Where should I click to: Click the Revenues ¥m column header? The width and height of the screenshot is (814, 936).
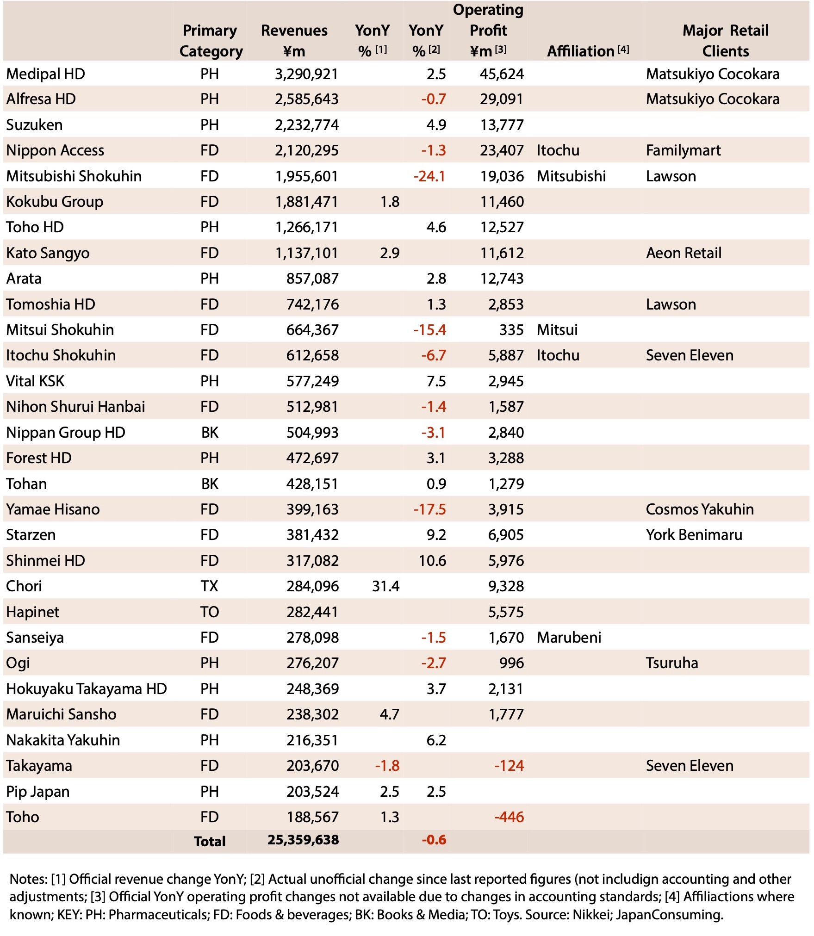pos(294,41)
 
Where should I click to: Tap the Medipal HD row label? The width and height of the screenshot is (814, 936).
pos(45,74)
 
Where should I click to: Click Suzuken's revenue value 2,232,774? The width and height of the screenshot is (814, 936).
pos(306,125)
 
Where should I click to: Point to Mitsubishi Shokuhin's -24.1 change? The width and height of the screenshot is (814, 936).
pos(429,176)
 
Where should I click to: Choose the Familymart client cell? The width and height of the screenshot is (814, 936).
pos(683,150)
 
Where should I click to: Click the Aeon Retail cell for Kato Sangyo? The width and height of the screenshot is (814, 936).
pos(684,253)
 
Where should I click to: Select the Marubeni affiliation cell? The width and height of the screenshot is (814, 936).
pos(569,638)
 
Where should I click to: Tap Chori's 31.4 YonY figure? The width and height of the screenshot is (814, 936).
pos(385,586)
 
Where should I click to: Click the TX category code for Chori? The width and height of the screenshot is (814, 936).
pos(209,586)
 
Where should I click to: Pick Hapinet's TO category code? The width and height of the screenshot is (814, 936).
pos(209,612)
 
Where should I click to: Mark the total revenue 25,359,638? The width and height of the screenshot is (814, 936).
pos(303,840)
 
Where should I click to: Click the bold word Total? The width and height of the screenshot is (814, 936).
pos(210,841)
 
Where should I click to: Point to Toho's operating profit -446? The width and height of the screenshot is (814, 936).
pos(509,817)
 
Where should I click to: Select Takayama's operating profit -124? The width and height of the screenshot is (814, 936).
pos(509,766)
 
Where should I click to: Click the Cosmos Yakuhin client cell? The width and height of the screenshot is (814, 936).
pos(699,509)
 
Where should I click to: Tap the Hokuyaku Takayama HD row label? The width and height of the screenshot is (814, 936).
pos(86,689)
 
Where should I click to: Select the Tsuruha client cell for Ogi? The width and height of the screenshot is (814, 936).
pos(671,663)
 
